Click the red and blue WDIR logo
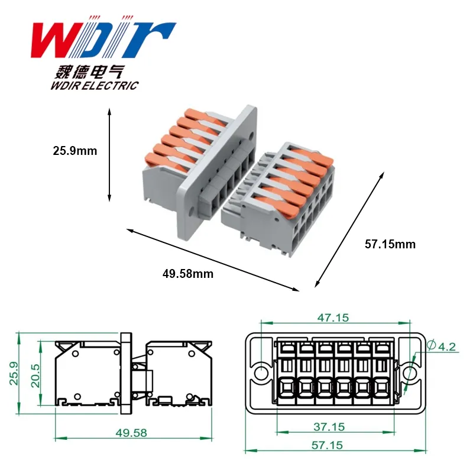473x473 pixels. pyautogui.click(x=103, y=37)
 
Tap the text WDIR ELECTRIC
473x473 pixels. pyautogui.click(x=95, y=85)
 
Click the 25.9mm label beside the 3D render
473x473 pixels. pyautogui.click(x=75, y=151)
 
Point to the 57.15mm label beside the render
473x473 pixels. pyautogui.click(x=390, y=244)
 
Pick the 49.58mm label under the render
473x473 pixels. pyautogui.click(x=188, y=274)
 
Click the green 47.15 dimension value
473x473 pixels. pyautogui.click(x=333, y=318)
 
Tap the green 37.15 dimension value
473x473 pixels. pyautogui.click(x=329, y=427)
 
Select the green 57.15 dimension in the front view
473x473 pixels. pyautogui.click(x=328, y=445)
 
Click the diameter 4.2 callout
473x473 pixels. pyautogui.click(x=442, y=346)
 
